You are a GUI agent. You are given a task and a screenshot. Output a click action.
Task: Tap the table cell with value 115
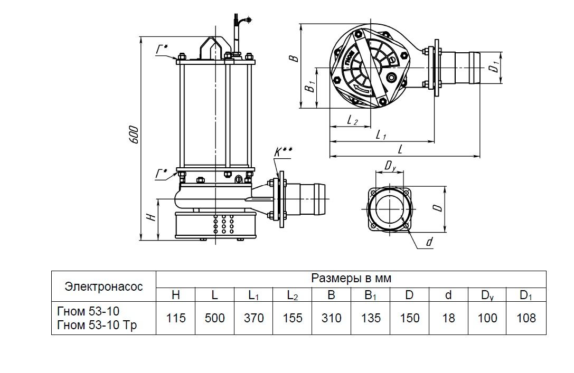pyautogui.click(x=176, y=318)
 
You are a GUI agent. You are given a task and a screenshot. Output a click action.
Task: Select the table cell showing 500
pyautogui.click(x=214, y=318)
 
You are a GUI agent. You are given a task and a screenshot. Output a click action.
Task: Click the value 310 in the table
pyautogui.click(x=331, y=318)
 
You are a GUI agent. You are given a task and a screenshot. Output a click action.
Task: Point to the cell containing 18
pyautogui.click(x=448, y=318)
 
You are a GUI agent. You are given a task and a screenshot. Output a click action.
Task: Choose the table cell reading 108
pyautogui.click(x=526, y=318)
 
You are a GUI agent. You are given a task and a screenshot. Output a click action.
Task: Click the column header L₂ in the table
pyautogui.click(x=292, y=295)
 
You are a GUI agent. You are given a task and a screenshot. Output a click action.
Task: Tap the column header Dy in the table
pyautogui.click(x=487, y=295)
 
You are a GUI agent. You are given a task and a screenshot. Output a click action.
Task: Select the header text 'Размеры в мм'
pyautogui.click(x=351, y=278)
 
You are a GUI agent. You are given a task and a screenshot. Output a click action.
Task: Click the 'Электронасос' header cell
pyautogui.click(x=103, y=286)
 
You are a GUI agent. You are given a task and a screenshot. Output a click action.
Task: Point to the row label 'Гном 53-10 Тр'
pyautogui.click(x=96, y=326)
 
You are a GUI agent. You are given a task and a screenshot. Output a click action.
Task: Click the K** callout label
pyautogui.click(x=284, y=152)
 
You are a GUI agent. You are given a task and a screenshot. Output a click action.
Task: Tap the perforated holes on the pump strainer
pyautogui.click(x=222, y=224)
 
